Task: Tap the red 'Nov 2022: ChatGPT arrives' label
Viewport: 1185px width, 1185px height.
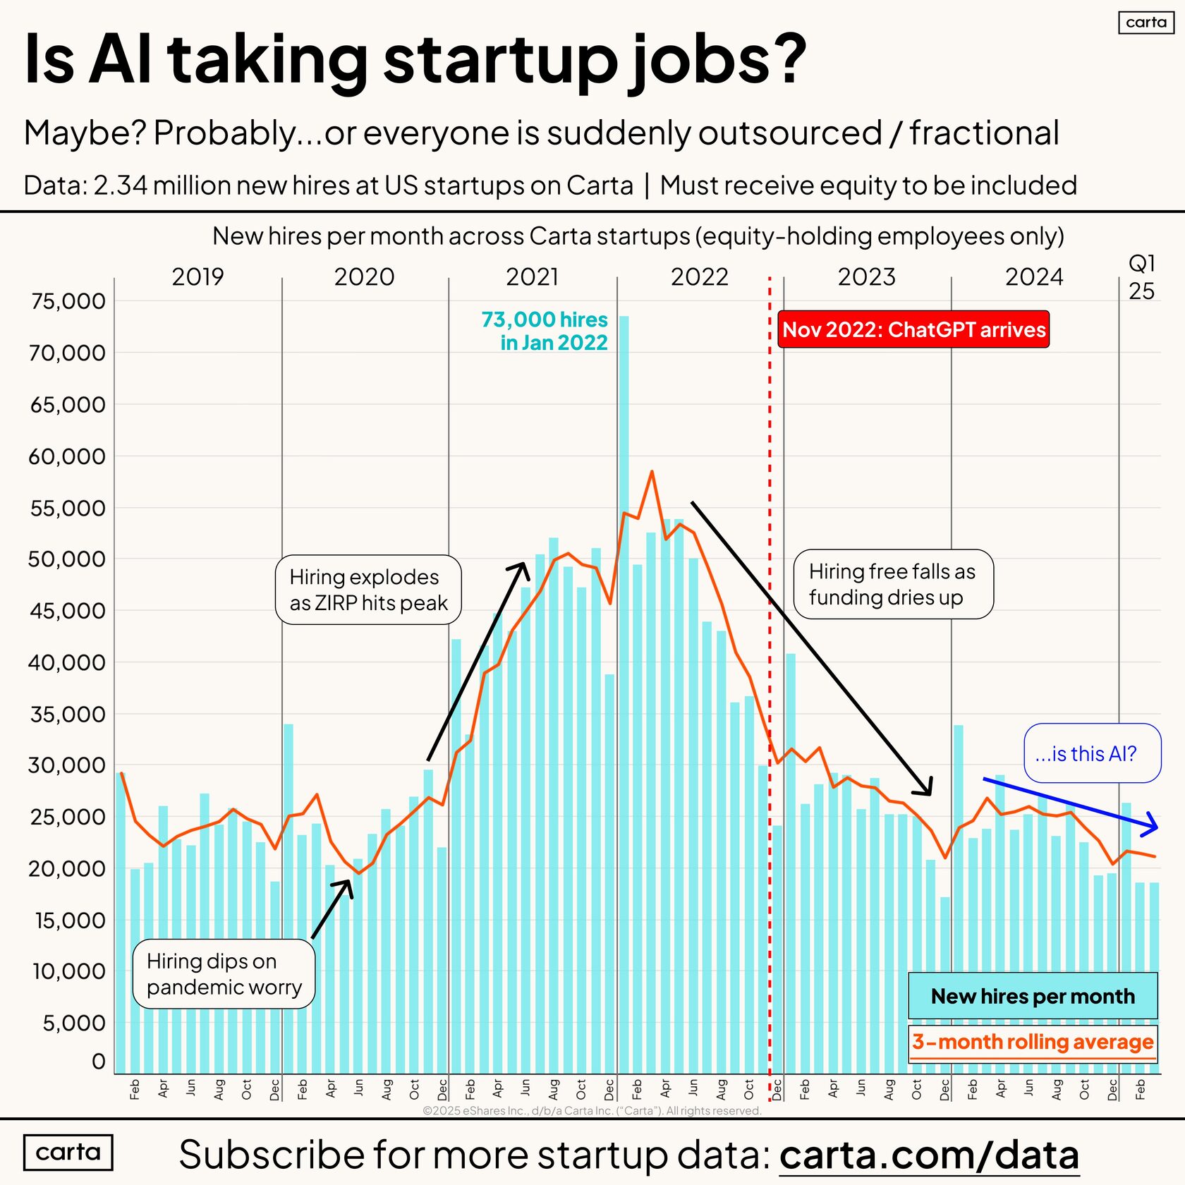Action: click(913, 329)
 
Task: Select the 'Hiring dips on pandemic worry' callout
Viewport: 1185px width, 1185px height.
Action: click(224, 974)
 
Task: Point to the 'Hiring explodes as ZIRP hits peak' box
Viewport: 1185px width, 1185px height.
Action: click(368, 590)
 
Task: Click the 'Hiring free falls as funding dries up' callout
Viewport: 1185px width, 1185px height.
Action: click(893, 584)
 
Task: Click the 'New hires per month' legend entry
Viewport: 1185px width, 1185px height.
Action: click(1033, 996)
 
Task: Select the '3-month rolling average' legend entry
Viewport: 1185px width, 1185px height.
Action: click(1033, 1042)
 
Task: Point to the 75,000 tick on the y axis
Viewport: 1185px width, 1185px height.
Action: click(68, 301)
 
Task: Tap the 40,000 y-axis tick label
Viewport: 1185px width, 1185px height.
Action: click(68, 663)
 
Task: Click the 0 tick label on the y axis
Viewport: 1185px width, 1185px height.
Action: click(98, 1062)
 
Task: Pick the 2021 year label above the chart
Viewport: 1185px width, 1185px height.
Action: click(532, 276)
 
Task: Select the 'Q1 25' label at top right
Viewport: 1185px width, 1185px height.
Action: click(1141, 277)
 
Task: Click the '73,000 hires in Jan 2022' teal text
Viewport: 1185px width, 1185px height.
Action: click(545, 331)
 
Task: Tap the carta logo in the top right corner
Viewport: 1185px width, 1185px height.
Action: click(1146, 23)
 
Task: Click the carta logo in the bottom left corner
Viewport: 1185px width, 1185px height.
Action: click(68, 1153)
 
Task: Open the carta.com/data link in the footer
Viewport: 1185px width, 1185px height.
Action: click(929, 1155)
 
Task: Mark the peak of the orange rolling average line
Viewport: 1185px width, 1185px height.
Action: click(652, 472)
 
